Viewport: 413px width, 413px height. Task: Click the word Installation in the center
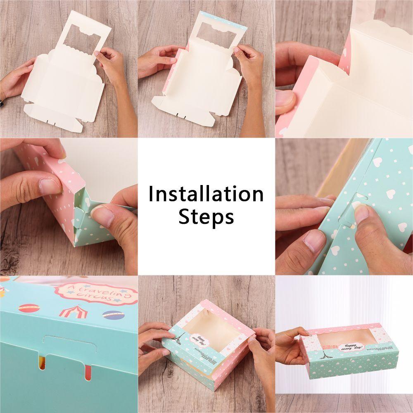coord(206,194)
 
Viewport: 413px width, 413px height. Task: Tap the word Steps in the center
coord(206,216)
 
